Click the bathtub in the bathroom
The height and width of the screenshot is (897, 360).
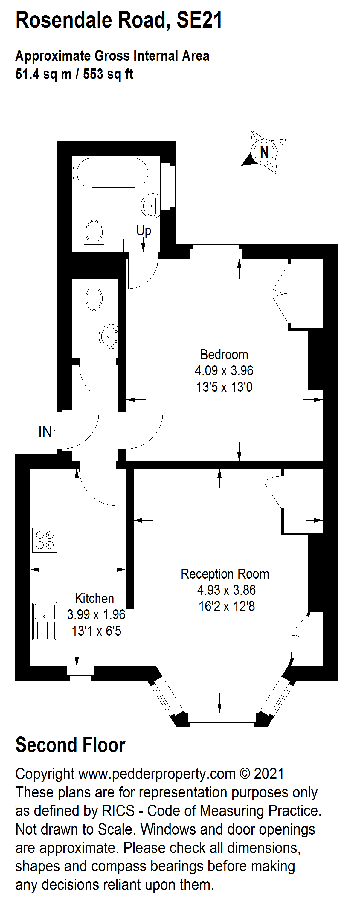(110, 173)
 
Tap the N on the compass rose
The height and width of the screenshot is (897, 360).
(264, 152)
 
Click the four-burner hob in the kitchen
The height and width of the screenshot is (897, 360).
(45, 540)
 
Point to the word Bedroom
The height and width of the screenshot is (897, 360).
(224, 355)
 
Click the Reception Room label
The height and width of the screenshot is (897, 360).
(225, 574)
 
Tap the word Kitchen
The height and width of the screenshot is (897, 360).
(94, 598)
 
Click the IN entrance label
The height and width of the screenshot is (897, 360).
(45, 431)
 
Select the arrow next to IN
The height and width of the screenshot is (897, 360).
(63, 431)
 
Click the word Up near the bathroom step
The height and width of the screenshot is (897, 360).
(144, 230)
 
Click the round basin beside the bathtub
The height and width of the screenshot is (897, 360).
(151, 206)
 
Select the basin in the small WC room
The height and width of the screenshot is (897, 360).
(109, 336)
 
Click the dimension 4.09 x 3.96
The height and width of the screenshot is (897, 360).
(224, 370)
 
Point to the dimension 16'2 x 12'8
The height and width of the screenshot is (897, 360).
(227, 606)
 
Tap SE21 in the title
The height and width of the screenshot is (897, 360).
(199, 20)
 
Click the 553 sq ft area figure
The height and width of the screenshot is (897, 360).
(108, 74)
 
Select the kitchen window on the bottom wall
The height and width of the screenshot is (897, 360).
(80, 673)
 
